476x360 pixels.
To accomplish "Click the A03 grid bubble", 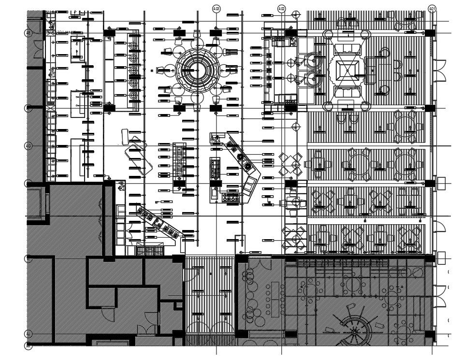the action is click(216, 9).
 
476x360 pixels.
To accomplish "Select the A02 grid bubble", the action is click(282, 9).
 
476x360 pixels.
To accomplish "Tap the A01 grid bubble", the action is click(433, 9).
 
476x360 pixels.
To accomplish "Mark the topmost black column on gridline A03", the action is click(216, 32).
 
